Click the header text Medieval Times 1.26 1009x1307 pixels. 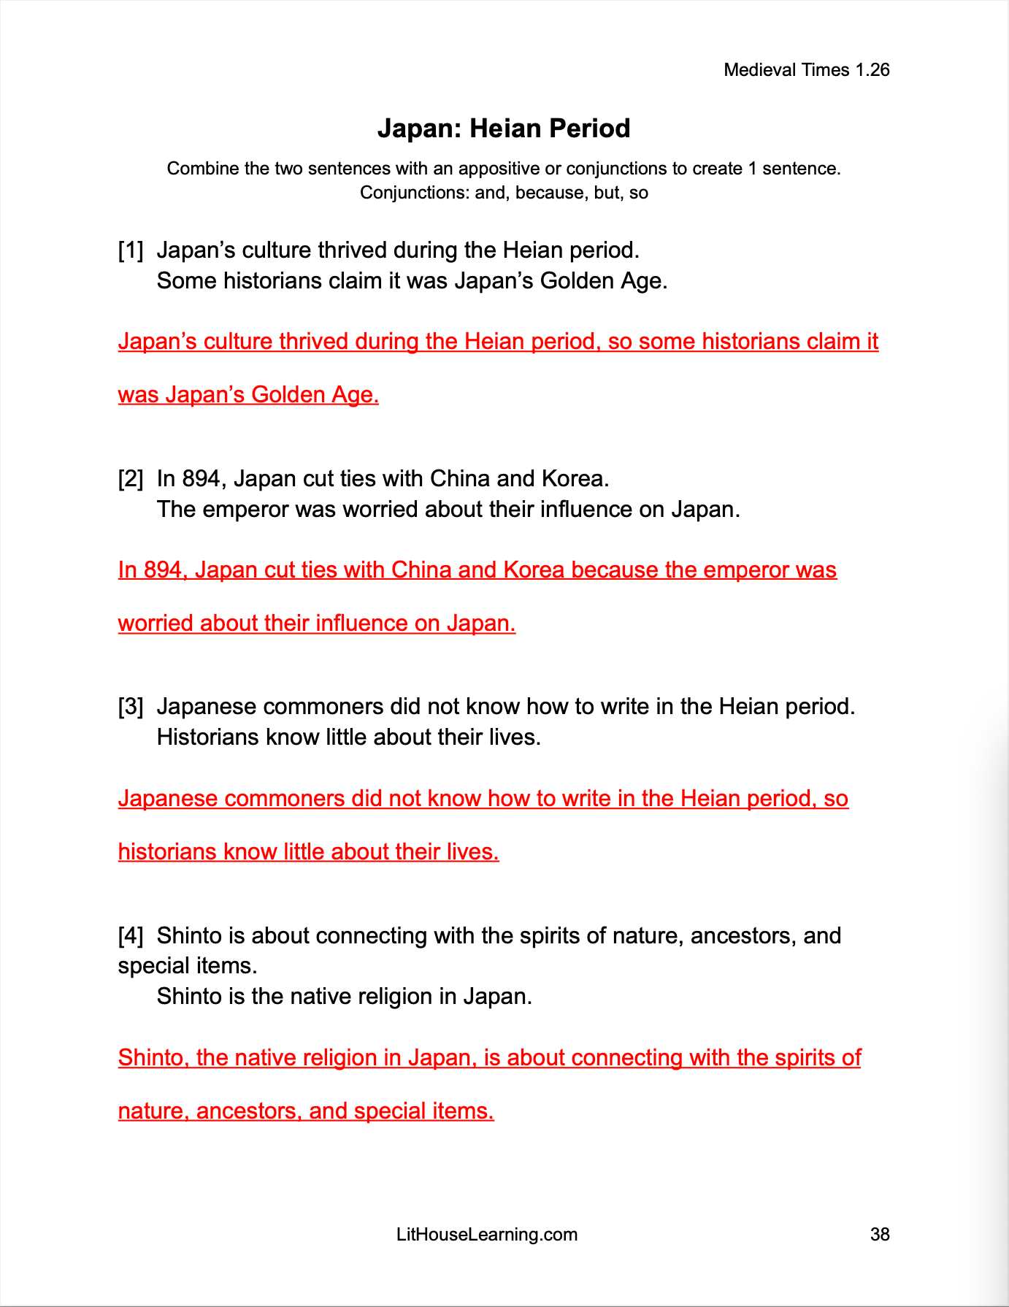806,70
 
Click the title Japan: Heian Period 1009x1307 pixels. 504,129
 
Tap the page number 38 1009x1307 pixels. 880,1235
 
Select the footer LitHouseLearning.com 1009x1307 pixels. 487,1235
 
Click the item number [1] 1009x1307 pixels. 131,250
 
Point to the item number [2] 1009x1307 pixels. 131,479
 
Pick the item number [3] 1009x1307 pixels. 131,707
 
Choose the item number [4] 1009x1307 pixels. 131,935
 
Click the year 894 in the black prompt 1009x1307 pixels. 201,479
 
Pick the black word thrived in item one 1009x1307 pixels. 352,250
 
